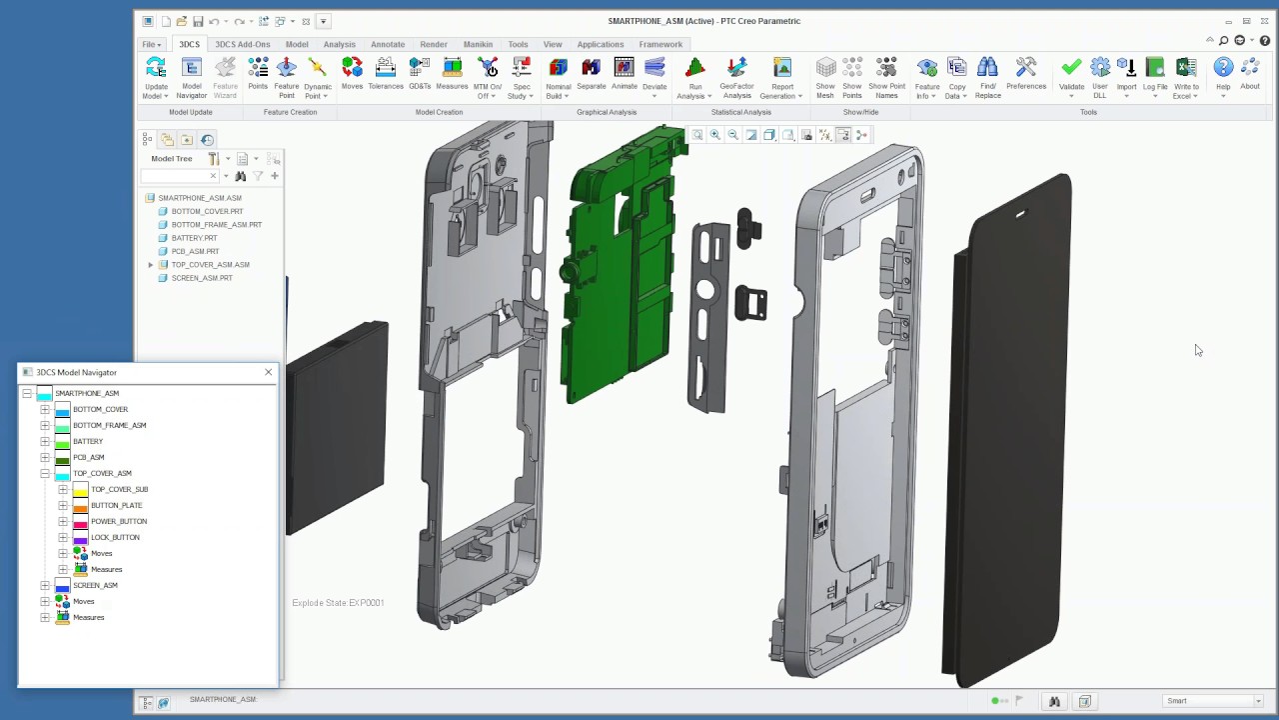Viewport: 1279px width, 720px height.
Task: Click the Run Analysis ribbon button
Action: pos(694,78)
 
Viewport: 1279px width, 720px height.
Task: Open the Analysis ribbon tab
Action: pos(339,44)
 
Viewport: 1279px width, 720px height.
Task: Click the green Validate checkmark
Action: pos(1071,67)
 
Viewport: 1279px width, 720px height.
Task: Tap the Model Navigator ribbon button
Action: pos(191,78)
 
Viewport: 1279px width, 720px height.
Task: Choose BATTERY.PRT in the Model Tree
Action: pos(194,238)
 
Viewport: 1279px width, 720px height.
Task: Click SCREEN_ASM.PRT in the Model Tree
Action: pos(202,278)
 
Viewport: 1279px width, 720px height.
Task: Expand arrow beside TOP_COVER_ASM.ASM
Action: pos(151,265)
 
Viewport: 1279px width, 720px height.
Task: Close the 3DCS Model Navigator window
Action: pos(269,372)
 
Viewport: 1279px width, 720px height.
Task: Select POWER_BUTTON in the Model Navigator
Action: pos(119,521)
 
